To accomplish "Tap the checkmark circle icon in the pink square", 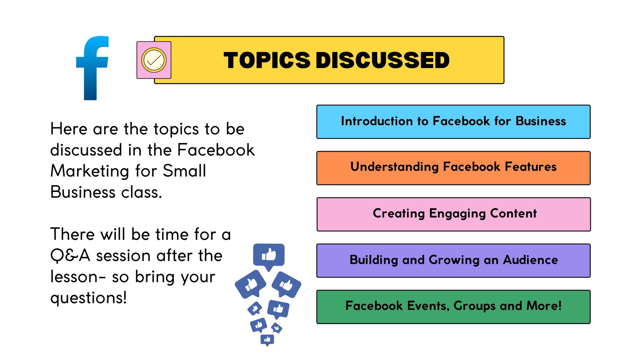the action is click(x=154, y=60).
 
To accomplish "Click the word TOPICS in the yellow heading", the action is click(x=267, y=60).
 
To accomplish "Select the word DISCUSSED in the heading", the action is click(x=383, y=60).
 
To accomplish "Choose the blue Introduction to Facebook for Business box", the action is click(x=453, y=122).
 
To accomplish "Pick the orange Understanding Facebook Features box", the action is click(x=453, y=168).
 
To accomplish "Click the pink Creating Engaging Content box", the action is click(x=453, y=214).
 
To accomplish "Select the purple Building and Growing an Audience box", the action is click(x=453, y=261).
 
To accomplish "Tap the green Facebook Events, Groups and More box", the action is click(x=453, y=307).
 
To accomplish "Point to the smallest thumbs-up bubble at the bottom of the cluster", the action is click(x=267, y=340).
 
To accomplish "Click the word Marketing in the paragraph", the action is click(x=89, y=171).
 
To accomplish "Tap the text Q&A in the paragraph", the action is click(x=70, y=256).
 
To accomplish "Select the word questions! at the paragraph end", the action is click(x=88, y=298).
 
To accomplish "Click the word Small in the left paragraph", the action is click(x=184, y=171).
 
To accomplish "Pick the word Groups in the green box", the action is click(x=474, y=306).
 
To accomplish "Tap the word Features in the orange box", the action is click(x=530, y=166).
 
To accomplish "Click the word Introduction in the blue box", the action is click(x=377, y=121).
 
